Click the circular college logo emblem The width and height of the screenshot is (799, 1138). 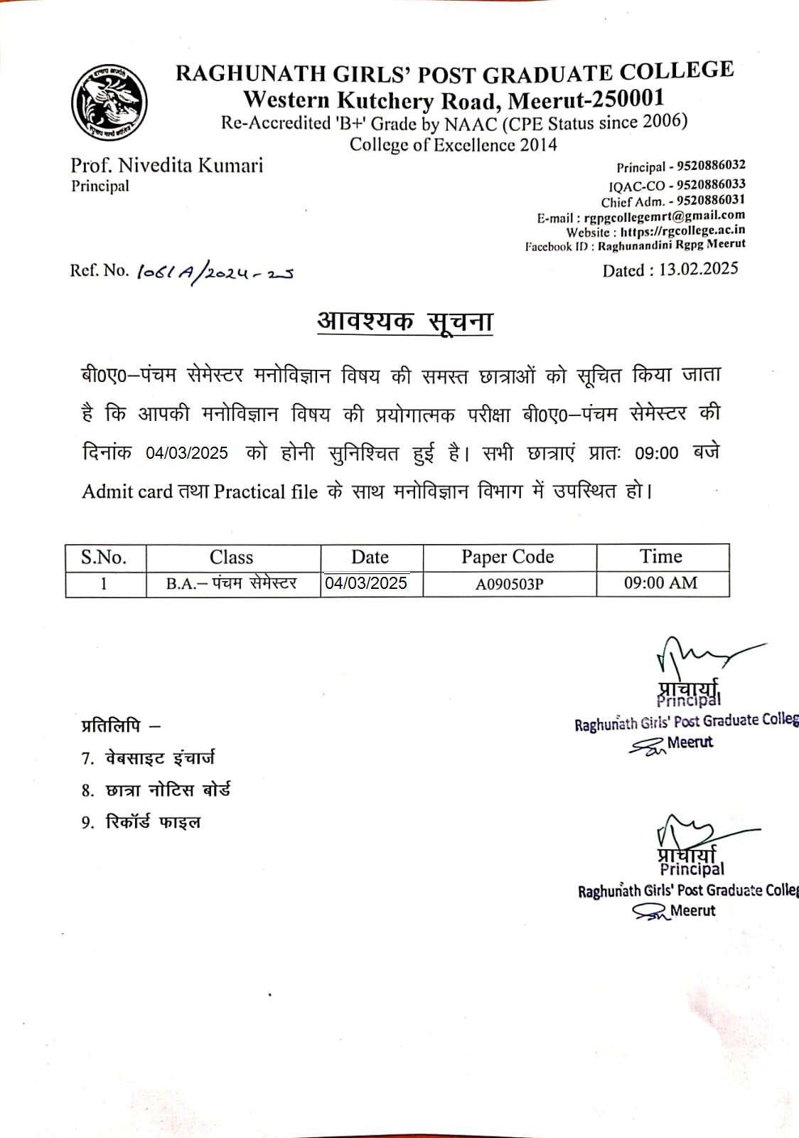tap(109, 102)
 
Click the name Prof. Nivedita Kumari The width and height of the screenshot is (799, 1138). tap(166, 166)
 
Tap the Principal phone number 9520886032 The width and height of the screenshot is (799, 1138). tap(711, 166)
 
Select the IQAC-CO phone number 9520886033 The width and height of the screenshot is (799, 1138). tap(711, 184)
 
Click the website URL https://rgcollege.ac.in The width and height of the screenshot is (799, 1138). tap(682, 230)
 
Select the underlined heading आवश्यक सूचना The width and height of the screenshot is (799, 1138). tap(404, 321)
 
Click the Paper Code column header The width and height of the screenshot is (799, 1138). tap(508, 557)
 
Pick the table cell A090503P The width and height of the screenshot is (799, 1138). tap(509, 584)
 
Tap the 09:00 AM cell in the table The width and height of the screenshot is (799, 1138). tap(660, 583)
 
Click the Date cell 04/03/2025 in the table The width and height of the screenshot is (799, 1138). tap(366, 583)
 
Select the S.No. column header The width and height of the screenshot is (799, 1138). tap(104, 557)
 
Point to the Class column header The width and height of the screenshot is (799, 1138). tap(231, 557)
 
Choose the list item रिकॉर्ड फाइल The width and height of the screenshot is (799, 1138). tap(153, 822)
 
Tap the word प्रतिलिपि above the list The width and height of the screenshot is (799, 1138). tap(111, 726)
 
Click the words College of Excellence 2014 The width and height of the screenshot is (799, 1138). tap(453, 145)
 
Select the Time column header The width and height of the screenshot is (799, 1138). tap(660, 556)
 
